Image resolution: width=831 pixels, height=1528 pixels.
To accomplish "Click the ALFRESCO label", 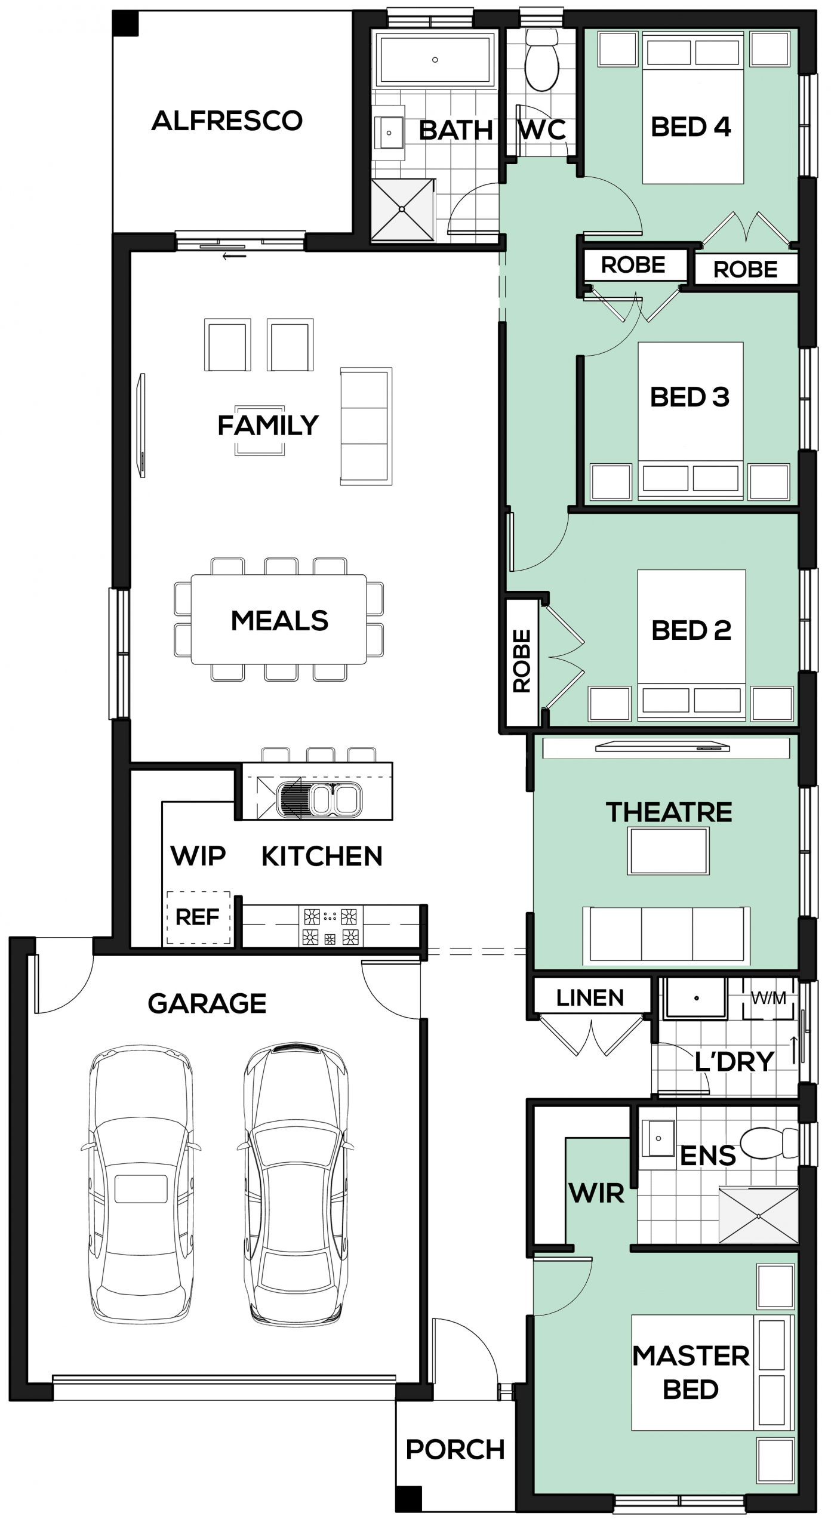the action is pyautogui.click(x=227, y=121).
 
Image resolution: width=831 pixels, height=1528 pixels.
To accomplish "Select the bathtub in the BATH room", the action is pyautogui.click(x=435, y=60).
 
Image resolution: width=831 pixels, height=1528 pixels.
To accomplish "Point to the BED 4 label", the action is pyautogui.click(x=691, y=127).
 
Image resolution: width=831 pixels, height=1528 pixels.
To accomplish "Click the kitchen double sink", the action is pyautogui.click(x=319, y=799).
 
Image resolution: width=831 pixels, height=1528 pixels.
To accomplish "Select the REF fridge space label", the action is pyautogui.click(x=197, y=917).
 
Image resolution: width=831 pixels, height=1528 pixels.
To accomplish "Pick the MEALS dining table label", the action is pyautogui.click(x=279, y=621).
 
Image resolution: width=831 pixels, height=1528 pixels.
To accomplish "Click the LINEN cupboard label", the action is pyautogui.click(x=590, y=997).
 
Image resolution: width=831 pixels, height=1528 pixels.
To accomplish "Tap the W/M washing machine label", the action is pyautogui.click(x=768, y=998).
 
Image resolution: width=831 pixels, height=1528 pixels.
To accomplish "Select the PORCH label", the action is pyautogui.click(x=455, y=1449).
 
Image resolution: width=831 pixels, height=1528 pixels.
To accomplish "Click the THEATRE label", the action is pyautogui.click(x=669, y=812).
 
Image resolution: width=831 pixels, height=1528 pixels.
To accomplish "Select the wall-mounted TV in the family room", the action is pyautogui.click(x=142, y=426).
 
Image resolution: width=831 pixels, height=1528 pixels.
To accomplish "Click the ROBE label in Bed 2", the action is pyautogui.click(x=522, y=660).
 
